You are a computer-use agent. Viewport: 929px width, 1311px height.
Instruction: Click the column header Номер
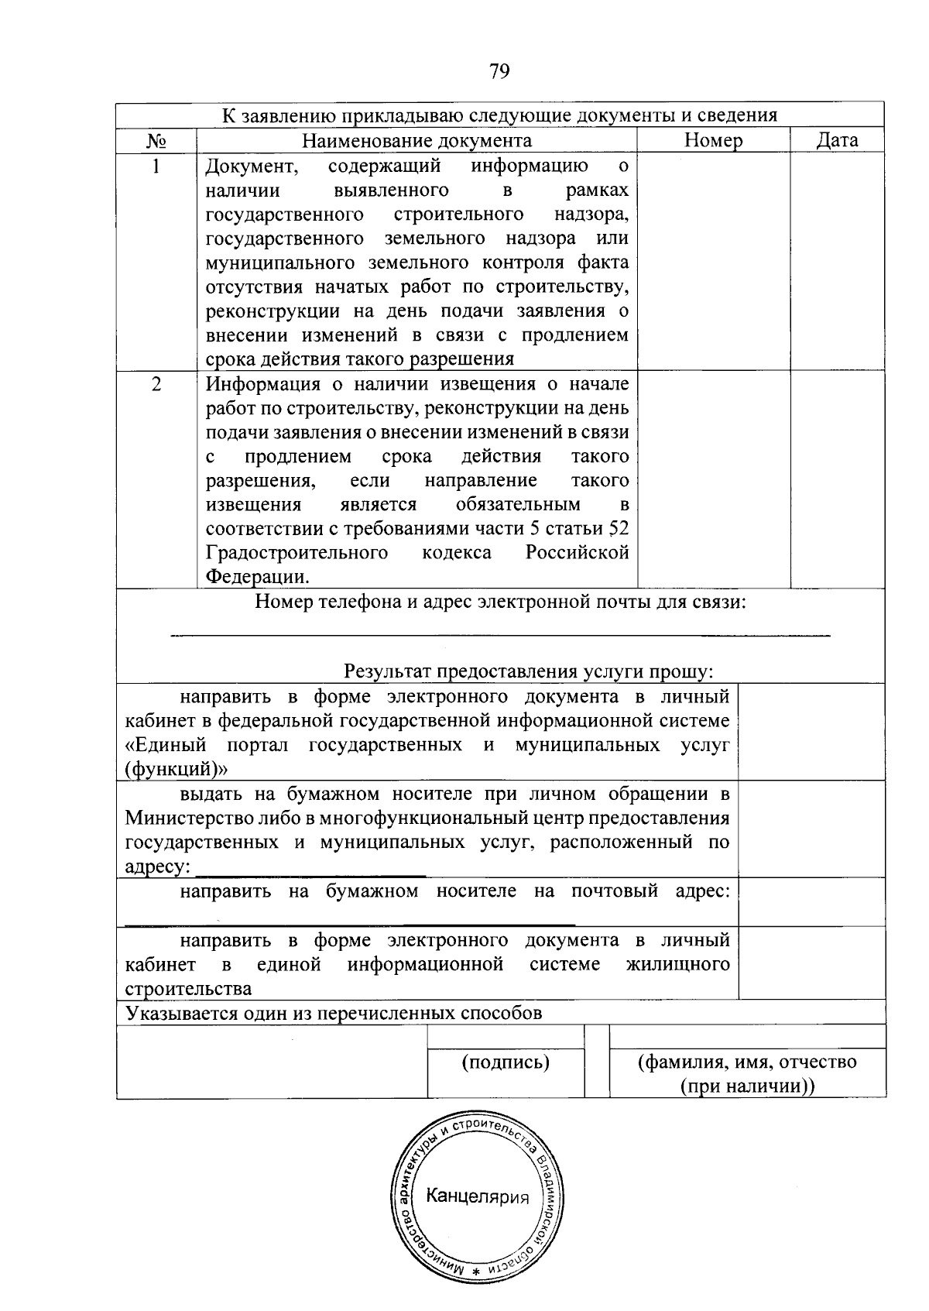point(713,140)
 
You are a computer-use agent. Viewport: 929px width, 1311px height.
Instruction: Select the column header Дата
point(837,140)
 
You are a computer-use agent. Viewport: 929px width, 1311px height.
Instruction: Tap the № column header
point(156,141)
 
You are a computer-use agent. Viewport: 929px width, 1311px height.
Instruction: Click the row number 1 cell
point(156,166)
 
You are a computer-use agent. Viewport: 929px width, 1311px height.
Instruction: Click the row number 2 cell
point(156,385)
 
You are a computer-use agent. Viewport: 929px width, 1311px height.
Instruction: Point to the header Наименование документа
point(417,140)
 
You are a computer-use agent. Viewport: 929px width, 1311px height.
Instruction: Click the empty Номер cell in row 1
point(713,261)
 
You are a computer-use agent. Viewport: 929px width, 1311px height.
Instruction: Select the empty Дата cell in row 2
point(837,480)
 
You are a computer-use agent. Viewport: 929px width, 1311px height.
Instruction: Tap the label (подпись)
point(506,1062)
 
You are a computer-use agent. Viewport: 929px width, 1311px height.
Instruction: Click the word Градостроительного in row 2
point(297,553)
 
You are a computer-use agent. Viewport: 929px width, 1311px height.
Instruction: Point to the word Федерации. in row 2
point(258,578)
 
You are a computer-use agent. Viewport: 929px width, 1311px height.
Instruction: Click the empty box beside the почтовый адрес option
point(811,902)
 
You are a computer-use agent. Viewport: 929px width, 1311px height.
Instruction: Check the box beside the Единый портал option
point(811,732)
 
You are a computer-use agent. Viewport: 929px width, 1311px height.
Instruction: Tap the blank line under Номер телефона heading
point(499,636)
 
